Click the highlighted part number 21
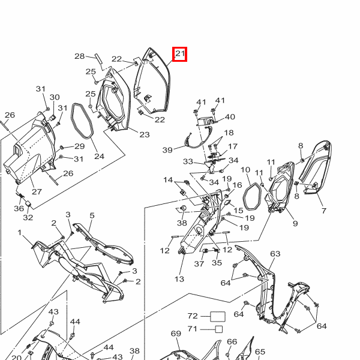(x=180, y=54)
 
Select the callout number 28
(x=80, y=56)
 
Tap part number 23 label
(x=145, y=134)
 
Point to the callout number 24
(x=100, y=157)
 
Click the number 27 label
(x=37, y=191)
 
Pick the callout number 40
(x=230, y=117)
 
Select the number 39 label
(x=167, y=150)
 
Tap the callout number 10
(x=245, y=170)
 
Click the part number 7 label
(x=324, y=211)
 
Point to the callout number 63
(x=275, y=254)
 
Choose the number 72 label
(x=193, y=316)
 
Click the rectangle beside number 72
(x=218, y=317)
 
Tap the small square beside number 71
(x=219, y=329)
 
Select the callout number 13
(x=179, y=279)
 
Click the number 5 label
(x=92, y=215)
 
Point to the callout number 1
(x=20, y=233)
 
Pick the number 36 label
(x=19, y=208)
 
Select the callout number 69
(x=176, y=334)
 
